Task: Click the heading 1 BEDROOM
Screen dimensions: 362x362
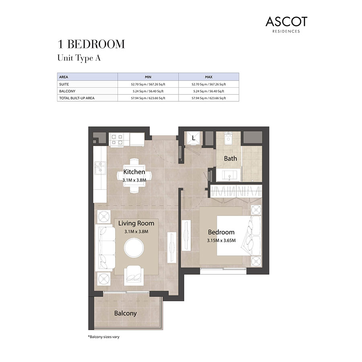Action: (x=92, y=44)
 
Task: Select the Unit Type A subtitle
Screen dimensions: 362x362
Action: (x=79, y=58)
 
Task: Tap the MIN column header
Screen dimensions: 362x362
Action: (x=148, y=76)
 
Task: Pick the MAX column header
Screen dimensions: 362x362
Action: (x=208, y=76)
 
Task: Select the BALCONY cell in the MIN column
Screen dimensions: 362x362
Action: (x=148, y=91)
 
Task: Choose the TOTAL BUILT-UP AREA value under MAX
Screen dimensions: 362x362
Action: (x=208, y=98)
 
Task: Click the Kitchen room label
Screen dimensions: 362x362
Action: (x=134, y=172)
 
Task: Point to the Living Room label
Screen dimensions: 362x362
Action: (x=136, y=223)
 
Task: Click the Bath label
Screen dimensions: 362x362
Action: (x=230, y=158)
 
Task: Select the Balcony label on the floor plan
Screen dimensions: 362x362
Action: (x=125, y=313)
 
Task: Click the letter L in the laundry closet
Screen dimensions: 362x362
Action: (x=193, y=138)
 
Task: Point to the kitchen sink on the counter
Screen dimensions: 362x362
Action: (x=99, y=167)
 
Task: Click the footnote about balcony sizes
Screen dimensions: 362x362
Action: (x=104, y=336)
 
